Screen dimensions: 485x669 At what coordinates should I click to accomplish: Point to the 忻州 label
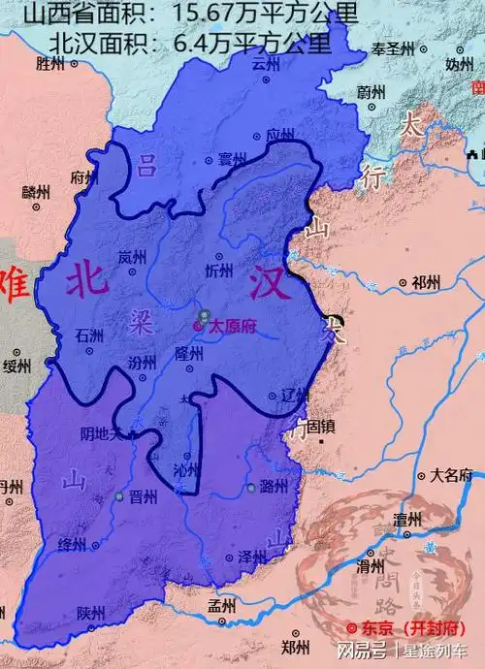pyautogui.click(x=219, y=271)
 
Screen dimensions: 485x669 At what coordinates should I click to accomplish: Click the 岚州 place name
pyautogui.click(x=131, y=258)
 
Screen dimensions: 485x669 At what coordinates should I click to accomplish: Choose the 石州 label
pyautogui.click(x=88, y=334)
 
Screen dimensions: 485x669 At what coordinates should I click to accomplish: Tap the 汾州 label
pyautogui.click(x=142, y=362)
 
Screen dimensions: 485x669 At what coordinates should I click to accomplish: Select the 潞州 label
pyautogui.click(x=274, y=488)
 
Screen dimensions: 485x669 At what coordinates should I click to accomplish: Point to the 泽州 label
pyautogui.click(x=251, y=557)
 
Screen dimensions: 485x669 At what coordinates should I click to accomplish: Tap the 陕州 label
pyautogui.click(x=90, y=614)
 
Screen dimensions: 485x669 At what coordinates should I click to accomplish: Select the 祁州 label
pyautogui.click(x=425, y=283)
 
